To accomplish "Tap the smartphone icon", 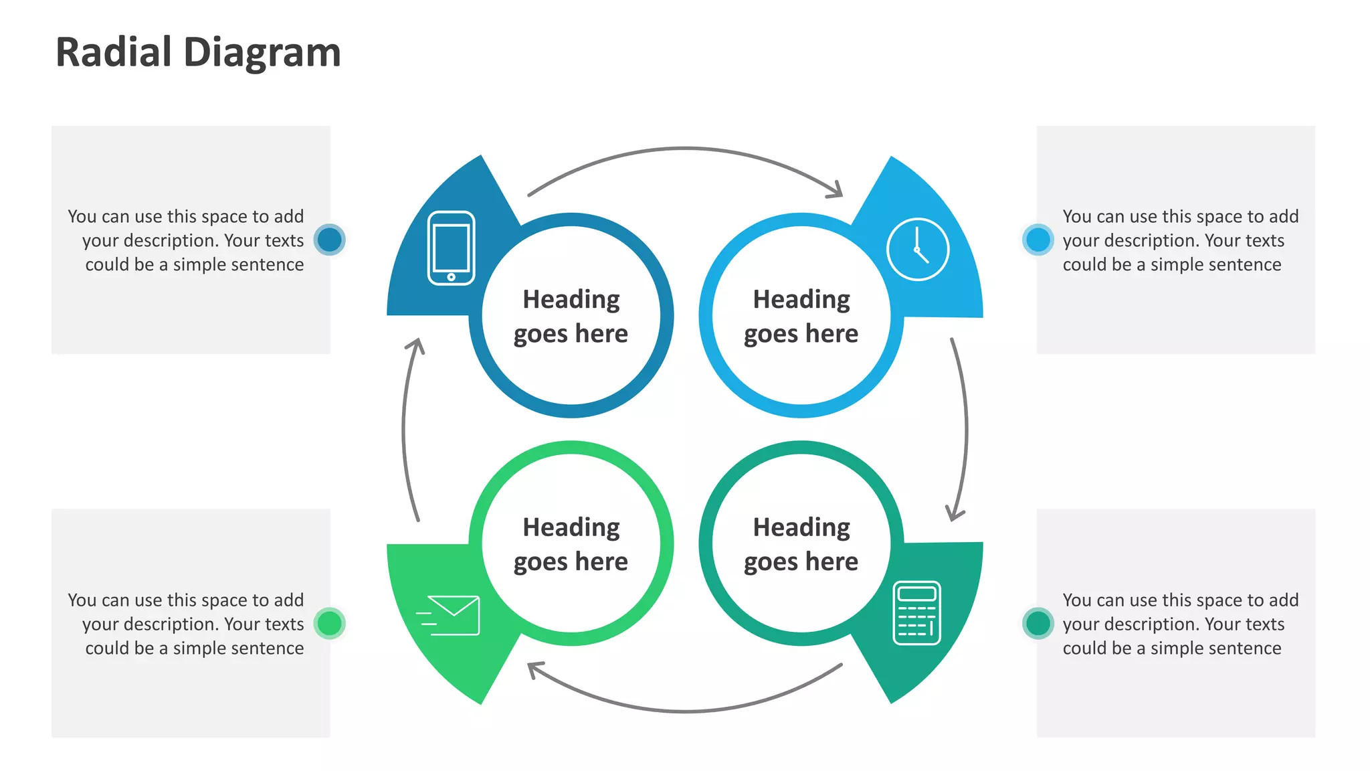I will click(x=451, y=248).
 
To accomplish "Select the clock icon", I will click(x=917, y=249).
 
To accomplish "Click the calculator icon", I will click(x=916, y=612).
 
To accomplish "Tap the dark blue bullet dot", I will click(x=329, y=240).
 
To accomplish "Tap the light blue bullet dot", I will click(x=1038, y=240).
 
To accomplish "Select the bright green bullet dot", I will click(x=329, y=623).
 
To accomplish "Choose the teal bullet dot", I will click(x=1038, y=623).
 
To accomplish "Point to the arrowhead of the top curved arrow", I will click(x=836, y=191).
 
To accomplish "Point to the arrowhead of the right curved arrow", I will click(x=955, y=514).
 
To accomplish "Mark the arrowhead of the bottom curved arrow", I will click(x=534, y=668).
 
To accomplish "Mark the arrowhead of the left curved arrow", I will click(x=417, y=345).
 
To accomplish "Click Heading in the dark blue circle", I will click(x=571, y=299).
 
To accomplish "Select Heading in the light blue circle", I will click(x=801, y=299).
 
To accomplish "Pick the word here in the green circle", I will click(x=601, y=561).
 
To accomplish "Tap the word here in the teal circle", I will click(x=831, y=561).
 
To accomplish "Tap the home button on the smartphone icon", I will click(x=451, y=276).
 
